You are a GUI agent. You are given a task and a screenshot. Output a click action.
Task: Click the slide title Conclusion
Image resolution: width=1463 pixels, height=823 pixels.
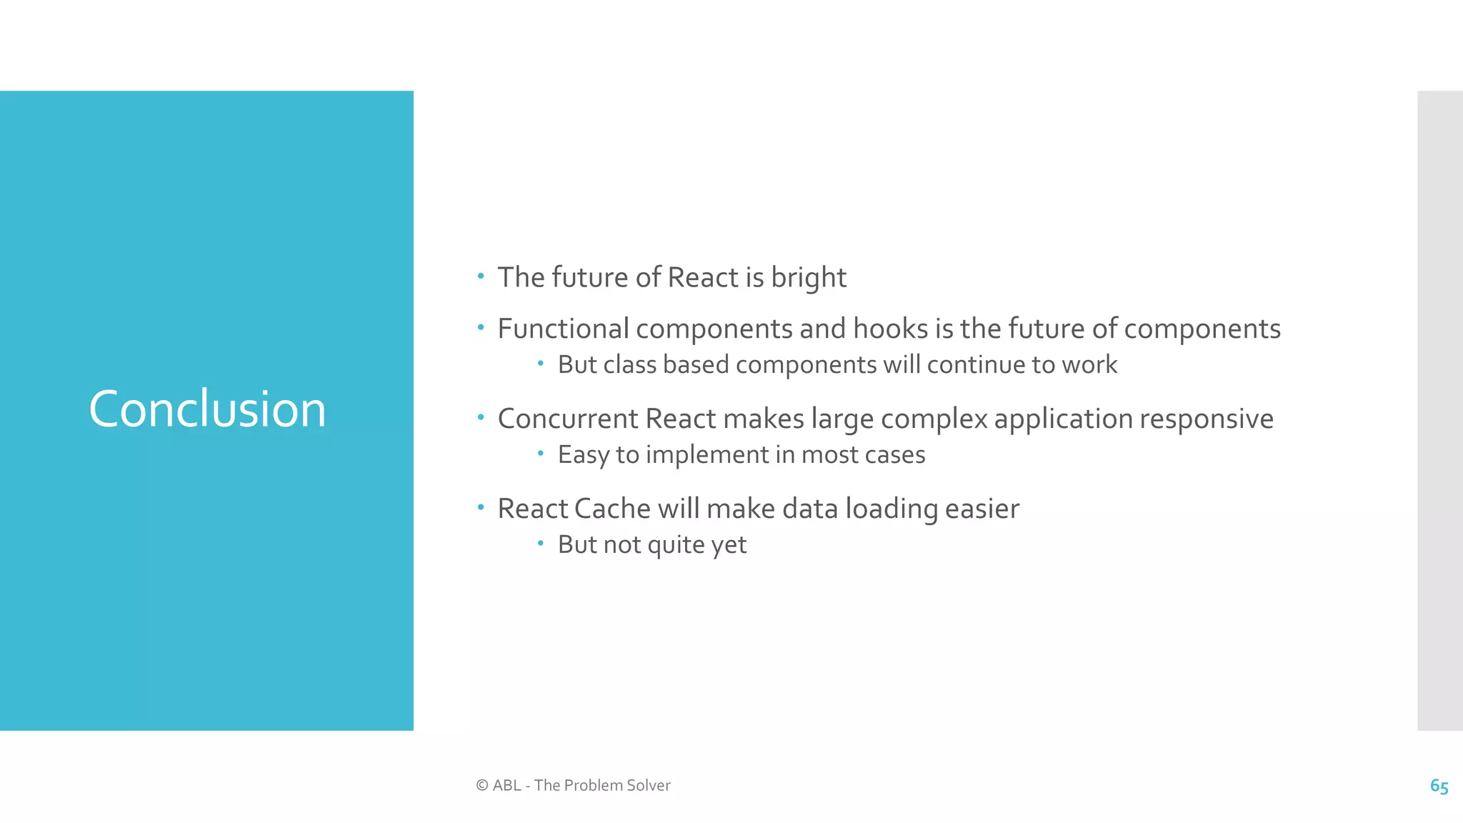point(207,409)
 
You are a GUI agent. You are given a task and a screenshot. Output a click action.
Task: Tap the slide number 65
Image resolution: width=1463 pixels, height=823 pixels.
point(1439,786)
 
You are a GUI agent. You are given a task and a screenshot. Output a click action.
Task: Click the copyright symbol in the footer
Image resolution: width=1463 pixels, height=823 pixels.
point(482,785)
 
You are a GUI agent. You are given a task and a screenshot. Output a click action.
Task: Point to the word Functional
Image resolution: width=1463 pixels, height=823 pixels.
point(563,329)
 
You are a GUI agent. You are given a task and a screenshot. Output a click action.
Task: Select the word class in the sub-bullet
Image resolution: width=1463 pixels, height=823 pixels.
point(630,365)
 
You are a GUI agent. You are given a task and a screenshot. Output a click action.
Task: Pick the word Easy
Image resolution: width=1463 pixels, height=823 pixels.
point(583,455)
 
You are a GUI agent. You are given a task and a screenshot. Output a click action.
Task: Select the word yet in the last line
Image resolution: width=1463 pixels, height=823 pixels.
point(729,545)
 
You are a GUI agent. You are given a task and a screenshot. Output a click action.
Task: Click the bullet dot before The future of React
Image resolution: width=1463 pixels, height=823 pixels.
point(481,276)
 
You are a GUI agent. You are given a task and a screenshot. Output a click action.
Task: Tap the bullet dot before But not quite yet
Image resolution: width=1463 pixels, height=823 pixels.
point(541,544)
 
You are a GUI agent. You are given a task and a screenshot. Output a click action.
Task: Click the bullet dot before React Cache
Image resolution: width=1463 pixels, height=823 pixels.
point(481,507)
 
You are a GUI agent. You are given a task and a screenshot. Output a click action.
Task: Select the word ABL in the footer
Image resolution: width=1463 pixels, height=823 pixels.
point(506,785)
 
